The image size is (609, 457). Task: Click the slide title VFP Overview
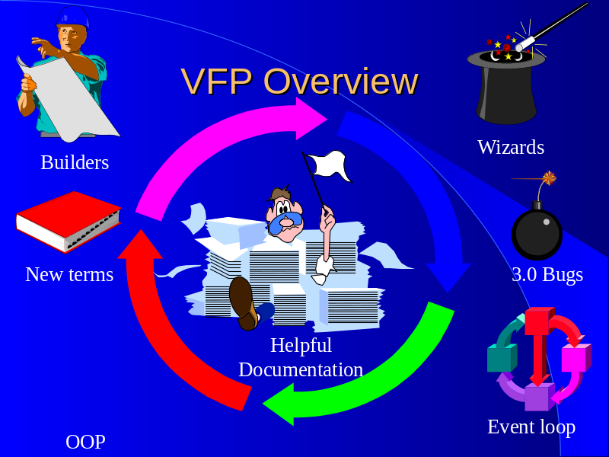299,81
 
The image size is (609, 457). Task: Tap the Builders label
75,162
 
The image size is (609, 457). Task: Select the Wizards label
510,147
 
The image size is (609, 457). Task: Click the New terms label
69,274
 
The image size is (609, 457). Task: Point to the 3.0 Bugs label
547,274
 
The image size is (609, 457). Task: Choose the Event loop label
531,427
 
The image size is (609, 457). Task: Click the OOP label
85,442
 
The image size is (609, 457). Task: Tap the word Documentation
300,369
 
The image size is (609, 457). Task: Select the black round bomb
537,233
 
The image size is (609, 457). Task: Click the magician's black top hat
505,88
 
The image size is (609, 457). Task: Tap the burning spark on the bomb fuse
549,178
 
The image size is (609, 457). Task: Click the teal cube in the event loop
501,358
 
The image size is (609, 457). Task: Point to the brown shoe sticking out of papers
243,301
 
